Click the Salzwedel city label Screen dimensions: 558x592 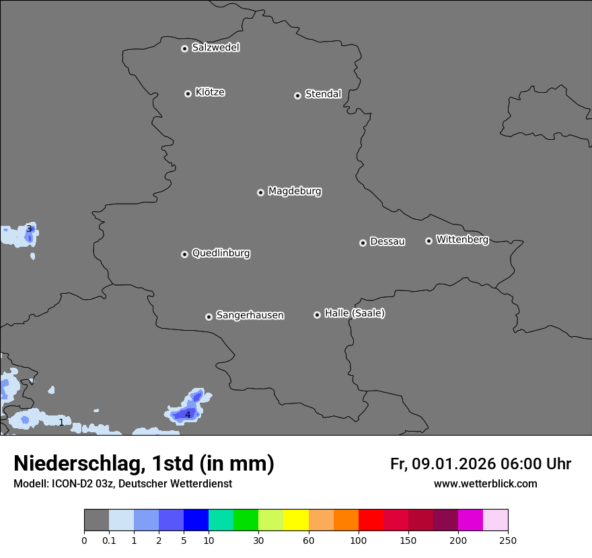215,48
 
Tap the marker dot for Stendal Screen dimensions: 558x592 297,95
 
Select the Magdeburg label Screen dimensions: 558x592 295,192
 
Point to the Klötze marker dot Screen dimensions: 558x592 188,93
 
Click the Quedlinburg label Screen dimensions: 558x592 221,253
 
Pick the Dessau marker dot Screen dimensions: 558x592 363,243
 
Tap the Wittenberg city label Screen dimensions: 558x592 462,239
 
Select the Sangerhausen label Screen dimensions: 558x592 250,315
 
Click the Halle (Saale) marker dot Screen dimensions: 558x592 317,315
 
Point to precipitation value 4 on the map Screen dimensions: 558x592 188,415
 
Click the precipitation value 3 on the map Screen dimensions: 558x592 29,229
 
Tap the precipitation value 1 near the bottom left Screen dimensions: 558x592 61,422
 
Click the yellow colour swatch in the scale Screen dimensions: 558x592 296,520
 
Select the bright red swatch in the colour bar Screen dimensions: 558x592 371,520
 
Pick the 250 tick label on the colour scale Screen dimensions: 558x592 508,541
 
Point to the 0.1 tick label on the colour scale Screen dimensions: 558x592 109,541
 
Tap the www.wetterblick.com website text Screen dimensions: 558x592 485,483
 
